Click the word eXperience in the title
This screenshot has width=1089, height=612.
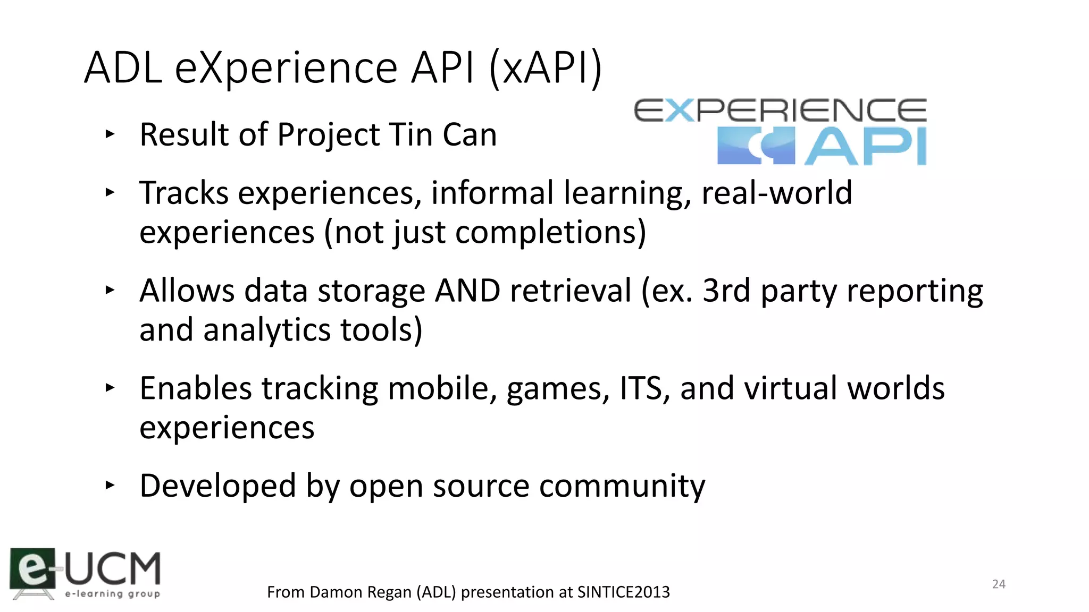[x=286, y=68]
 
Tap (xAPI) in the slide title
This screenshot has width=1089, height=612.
[x=545, y=68]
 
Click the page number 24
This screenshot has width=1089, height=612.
[x=999, y=584]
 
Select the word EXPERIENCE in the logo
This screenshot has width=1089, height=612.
[x=780, y=110]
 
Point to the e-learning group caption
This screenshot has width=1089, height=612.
[x=112, y=593]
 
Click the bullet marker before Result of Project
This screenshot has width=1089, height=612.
[x=110, y=134]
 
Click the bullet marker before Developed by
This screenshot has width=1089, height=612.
[x=110, y=484]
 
